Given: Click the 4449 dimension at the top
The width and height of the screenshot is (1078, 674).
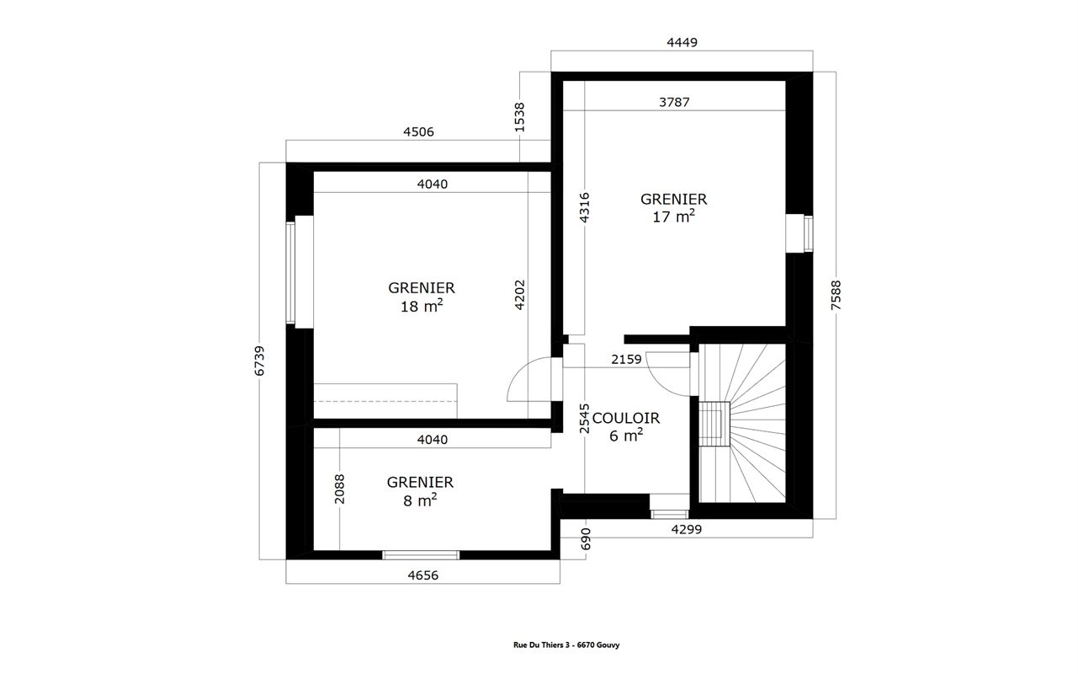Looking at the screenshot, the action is (682, 42).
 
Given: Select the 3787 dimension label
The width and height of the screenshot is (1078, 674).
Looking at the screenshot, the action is (674, 102).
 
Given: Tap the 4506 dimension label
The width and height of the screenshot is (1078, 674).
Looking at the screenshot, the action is (418, 132).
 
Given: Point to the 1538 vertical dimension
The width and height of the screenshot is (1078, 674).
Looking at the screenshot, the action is (520, 117).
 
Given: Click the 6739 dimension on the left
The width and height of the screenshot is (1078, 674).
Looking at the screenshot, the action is (259, 361).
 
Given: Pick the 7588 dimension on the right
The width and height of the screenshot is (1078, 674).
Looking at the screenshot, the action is (836, 296).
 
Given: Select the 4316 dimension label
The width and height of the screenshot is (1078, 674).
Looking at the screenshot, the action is (584, 207).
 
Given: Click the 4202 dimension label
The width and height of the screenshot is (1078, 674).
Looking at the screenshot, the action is (520, 295).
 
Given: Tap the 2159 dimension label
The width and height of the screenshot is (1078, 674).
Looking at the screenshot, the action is (626, 360).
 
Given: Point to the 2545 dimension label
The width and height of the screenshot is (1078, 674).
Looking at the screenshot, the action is (584, 419).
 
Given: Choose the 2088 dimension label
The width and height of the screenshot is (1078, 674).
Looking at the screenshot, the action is (340, 489).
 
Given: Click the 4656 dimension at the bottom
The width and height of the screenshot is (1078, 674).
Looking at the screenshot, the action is (423, 575).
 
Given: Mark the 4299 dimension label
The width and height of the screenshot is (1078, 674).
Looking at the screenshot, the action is (686, 529).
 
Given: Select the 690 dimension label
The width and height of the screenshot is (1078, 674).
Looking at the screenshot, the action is (586, 538).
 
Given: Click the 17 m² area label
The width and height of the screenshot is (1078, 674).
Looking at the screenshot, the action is (673, 217).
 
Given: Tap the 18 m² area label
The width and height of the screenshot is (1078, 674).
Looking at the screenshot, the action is (422, 306).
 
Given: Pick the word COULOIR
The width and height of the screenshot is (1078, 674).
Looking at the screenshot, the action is (625, 418).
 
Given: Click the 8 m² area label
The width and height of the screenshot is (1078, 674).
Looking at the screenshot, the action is (420, 500).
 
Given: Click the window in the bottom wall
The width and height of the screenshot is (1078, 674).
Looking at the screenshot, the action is (421, 555).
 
